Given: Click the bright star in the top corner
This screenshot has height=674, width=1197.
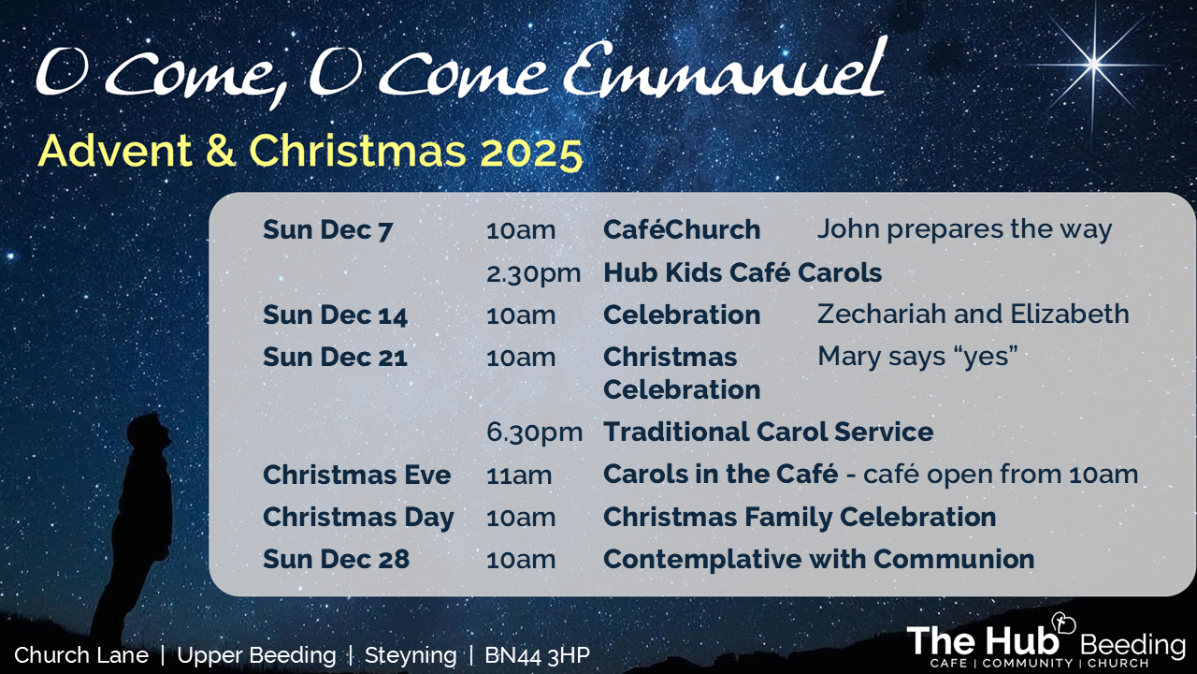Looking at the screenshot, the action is click(x=1093, y=65).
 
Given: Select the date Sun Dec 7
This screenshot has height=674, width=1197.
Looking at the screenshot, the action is click(x=327, y=230).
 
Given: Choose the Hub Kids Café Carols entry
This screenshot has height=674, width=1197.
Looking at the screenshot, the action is click(x=743, y=272).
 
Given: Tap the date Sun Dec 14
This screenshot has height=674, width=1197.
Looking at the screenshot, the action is click(x=335, y=315).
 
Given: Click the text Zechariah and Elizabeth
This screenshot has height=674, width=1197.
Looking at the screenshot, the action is click(x=973, y=314).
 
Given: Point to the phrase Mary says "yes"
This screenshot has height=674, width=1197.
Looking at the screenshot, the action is click(x=917, y=357).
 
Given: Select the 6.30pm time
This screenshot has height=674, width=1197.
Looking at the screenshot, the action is click(x=534, y=432).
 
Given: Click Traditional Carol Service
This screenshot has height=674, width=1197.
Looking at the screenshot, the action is click(x=769, y=432).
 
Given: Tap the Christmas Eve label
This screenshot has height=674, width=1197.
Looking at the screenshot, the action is click(x=357, y=475).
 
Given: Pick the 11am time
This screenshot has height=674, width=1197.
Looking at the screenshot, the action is click(x=519, y=476).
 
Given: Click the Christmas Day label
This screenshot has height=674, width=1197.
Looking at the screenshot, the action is click(x=358, y=518).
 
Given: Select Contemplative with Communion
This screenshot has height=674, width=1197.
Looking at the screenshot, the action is click(x=818, y=560).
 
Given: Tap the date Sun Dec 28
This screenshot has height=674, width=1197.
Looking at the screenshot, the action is click(x=336, y=560).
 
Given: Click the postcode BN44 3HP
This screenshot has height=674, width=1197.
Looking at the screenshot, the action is click(x=537, y=655).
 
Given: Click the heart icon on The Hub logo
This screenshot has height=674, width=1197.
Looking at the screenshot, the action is click(x=1063, y=623).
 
